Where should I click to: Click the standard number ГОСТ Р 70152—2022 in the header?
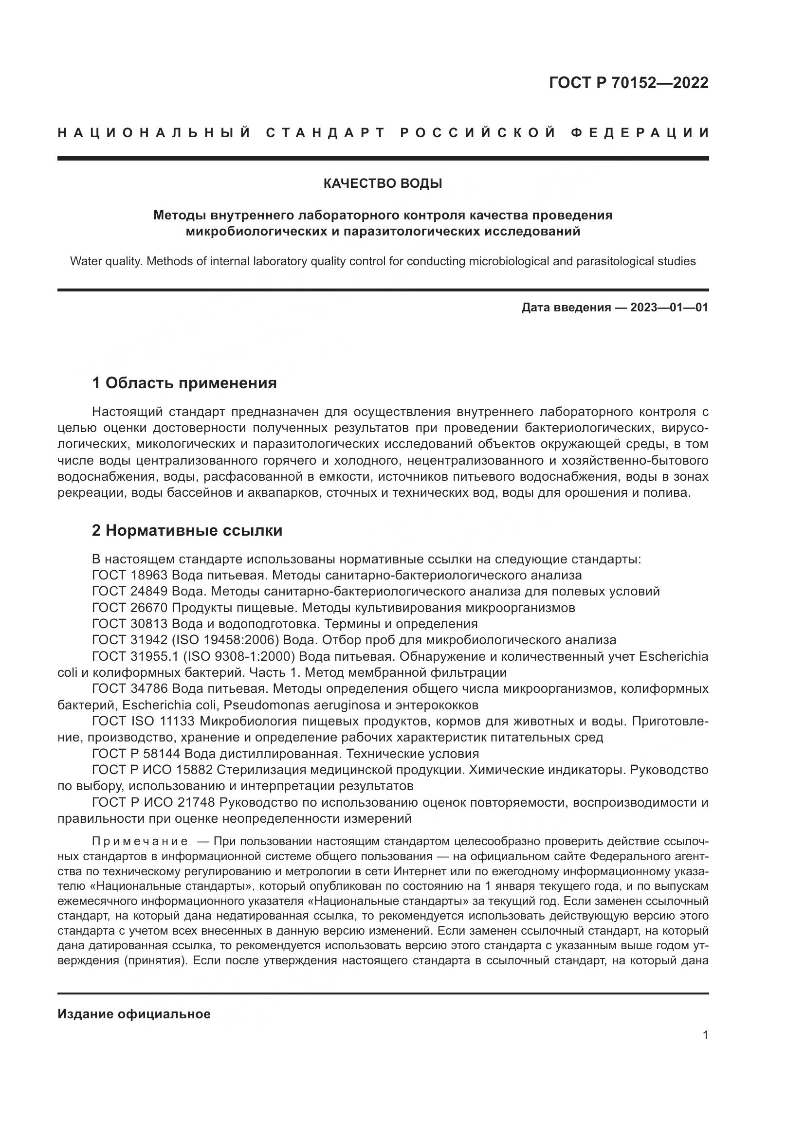(628, 83)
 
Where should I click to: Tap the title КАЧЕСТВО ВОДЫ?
(383, 183)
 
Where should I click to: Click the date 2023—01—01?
(669, 308)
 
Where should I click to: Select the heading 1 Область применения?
(184, 383)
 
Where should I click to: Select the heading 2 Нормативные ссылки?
(187, 531)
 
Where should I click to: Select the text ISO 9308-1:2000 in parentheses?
(239, 656)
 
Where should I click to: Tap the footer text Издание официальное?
(134, 1014)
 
